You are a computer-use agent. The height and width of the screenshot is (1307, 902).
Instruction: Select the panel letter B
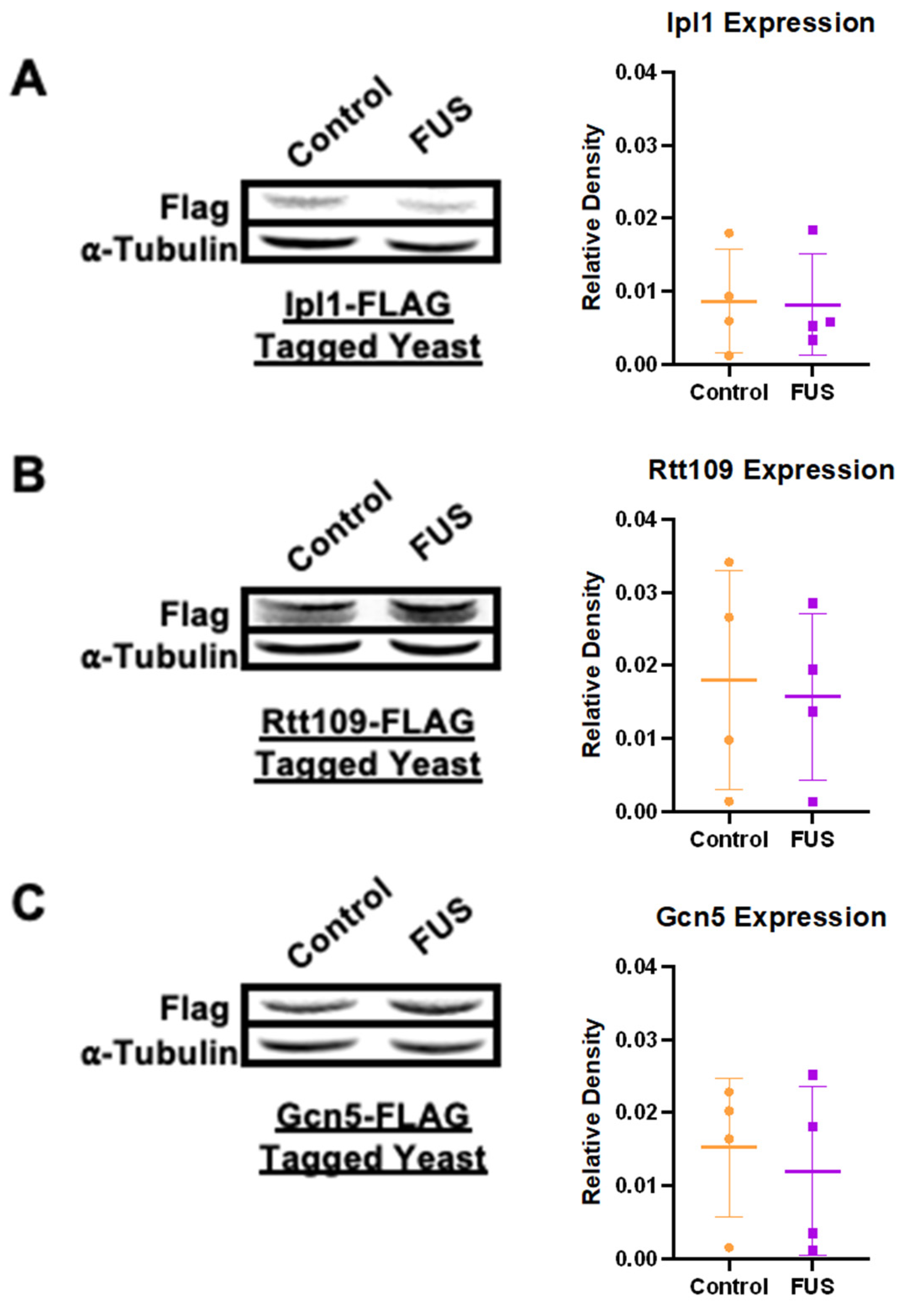tap(28, 475)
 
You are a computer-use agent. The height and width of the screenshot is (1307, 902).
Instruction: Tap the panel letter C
tap(28, 901)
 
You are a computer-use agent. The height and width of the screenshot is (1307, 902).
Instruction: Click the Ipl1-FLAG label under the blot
tap(368, 305)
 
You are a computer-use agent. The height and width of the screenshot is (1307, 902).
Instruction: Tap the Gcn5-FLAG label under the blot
tap(373, 1116)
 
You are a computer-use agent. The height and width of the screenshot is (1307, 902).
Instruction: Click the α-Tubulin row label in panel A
tap(160, 250)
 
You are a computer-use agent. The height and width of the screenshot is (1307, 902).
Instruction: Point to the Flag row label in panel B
tap(194, 614)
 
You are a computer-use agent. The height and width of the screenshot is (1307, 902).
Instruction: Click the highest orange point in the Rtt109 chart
tap(729, 562)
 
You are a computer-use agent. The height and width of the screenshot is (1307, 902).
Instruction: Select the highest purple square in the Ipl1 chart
tap(813, 230)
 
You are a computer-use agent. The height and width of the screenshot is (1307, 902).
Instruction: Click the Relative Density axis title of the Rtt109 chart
tap(592, 664)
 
